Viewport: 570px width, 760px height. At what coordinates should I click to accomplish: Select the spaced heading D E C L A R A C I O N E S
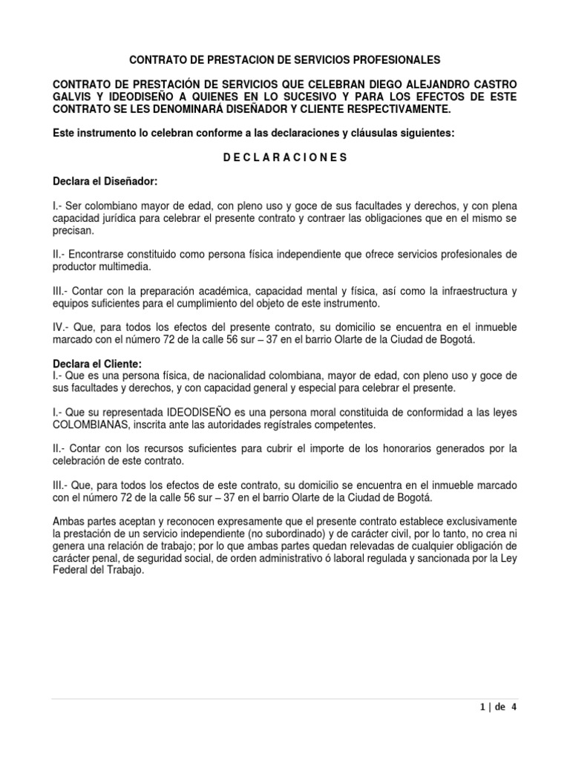pyautogui.click(x=285, y=157)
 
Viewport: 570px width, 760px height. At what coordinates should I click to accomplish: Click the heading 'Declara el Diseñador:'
pyautogui.click(x=105, y=181)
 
